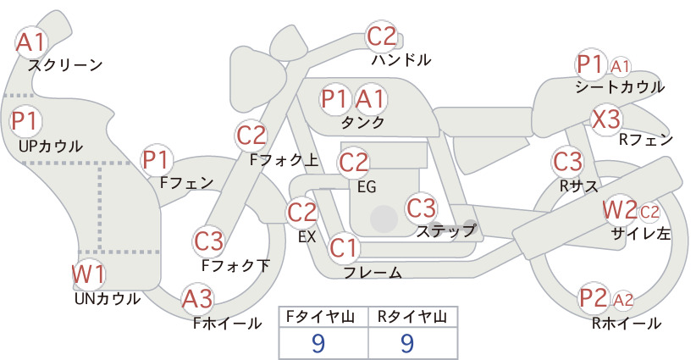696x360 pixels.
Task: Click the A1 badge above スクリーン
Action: coord(31,42)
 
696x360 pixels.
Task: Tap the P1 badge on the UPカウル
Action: coord(26,121)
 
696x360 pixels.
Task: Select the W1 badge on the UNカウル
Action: coord(89,274)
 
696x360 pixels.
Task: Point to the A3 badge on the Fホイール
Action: coord(197,299)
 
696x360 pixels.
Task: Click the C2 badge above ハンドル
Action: coord(382,36)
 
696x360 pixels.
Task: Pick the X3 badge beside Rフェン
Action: coord(606,119)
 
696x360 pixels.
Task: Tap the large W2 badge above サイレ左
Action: coord(620,209)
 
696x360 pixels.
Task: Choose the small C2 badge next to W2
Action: coord(649,212)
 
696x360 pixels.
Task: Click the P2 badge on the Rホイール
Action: coord(594,298)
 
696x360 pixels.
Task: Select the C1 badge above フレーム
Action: coord(344,247)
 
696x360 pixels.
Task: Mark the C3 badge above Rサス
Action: coord(567,162)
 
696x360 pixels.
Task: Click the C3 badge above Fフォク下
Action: coord(208,241)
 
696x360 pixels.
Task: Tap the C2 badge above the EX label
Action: coord(301,212)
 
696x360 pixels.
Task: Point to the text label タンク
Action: coord(362,122)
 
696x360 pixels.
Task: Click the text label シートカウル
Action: coord(620,87)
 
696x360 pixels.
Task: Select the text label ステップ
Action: coord(446,231)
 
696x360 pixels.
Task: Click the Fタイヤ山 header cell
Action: coord(323,317)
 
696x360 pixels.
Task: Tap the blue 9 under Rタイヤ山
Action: coord(407,343)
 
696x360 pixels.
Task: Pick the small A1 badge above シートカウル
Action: coord(620,67)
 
